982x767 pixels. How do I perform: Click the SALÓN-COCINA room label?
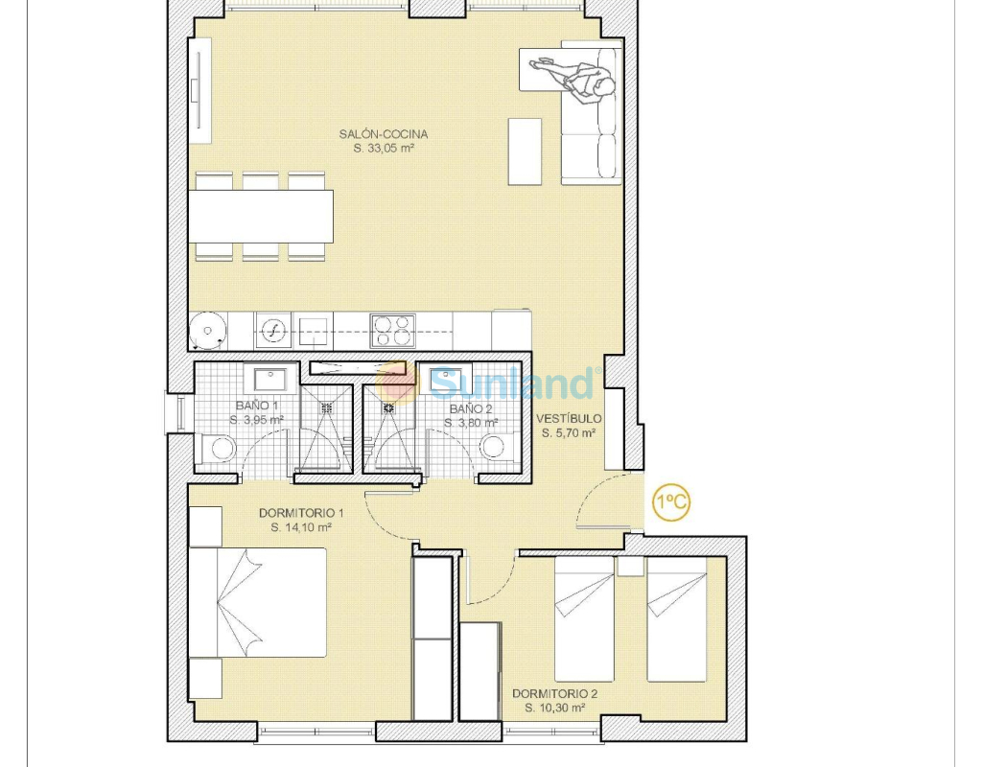(384, 134)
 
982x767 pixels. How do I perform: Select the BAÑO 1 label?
(257, 406)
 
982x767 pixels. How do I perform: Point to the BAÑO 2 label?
(471, 408)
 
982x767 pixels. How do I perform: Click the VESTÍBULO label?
(569, 418)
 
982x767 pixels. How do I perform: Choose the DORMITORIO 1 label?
(301, 513)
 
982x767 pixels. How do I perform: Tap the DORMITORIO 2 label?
(555, 694)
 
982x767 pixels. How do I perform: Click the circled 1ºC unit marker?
(671, 501)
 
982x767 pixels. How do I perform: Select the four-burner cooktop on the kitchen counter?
(392, 331)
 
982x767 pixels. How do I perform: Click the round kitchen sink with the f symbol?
(273, 330)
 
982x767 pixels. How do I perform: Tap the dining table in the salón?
(261, 217)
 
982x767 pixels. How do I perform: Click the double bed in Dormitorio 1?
(258, 603)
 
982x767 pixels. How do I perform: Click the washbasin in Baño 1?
(269, 380)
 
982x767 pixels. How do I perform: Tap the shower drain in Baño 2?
(389, 407)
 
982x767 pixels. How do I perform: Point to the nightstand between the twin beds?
(630, 566)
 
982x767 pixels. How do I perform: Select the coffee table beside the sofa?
(525, 151)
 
